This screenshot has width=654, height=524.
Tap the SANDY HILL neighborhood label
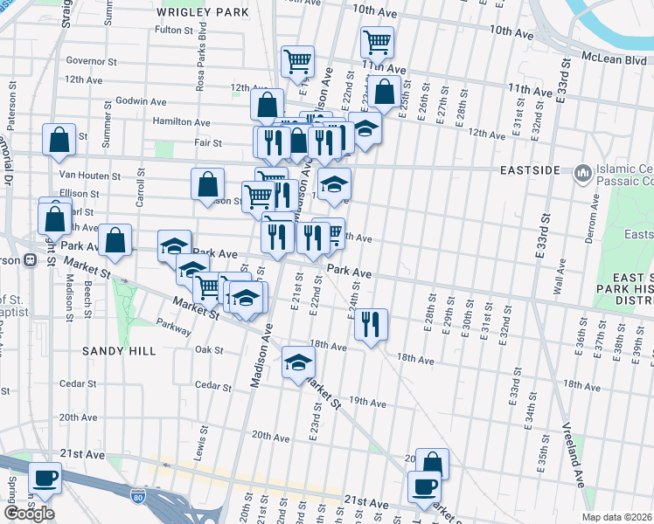coord(119,350)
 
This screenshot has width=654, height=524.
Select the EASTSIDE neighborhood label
coord(530,170)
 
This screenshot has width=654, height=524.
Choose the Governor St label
coord(91,62)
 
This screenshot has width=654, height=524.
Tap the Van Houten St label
coord(91,176)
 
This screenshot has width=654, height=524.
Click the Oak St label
coord(210,349)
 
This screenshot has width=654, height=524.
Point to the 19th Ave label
coord(367,403)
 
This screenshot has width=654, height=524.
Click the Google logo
coord(29,514)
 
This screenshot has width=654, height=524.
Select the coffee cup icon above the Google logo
coord(44,478)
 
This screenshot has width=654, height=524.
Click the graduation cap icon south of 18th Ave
coord(298,362)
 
